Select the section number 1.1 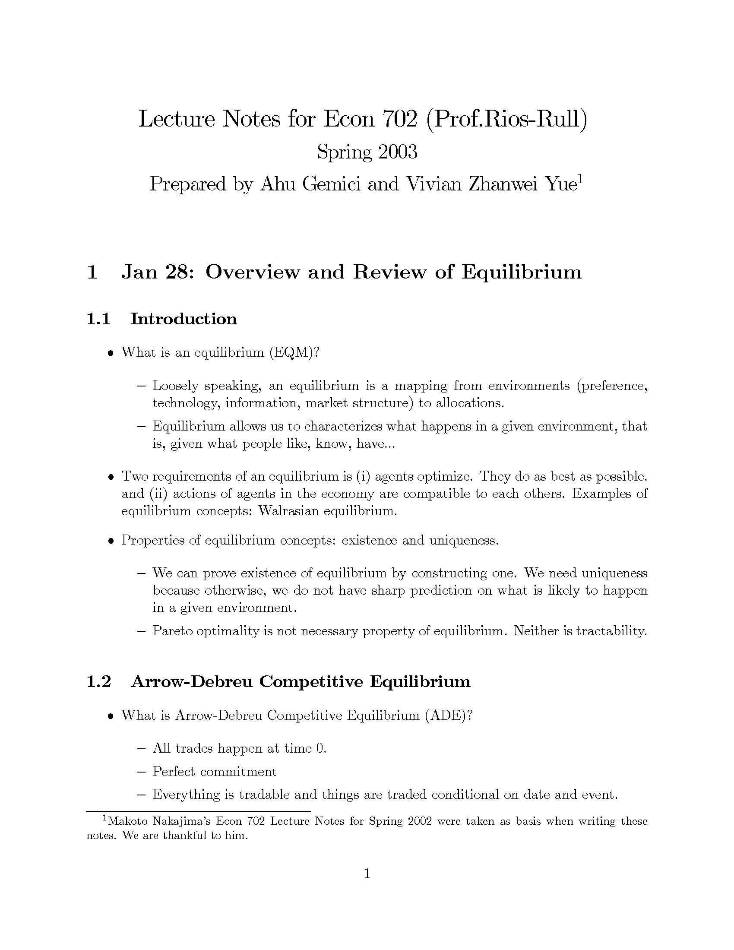pos(98,319)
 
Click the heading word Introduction pos(183,319)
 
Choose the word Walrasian pos(289,511)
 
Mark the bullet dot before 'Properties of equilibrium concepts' pos(111,541)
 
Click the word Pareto pos(172,631)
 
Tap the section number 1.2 pos(99,681)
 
